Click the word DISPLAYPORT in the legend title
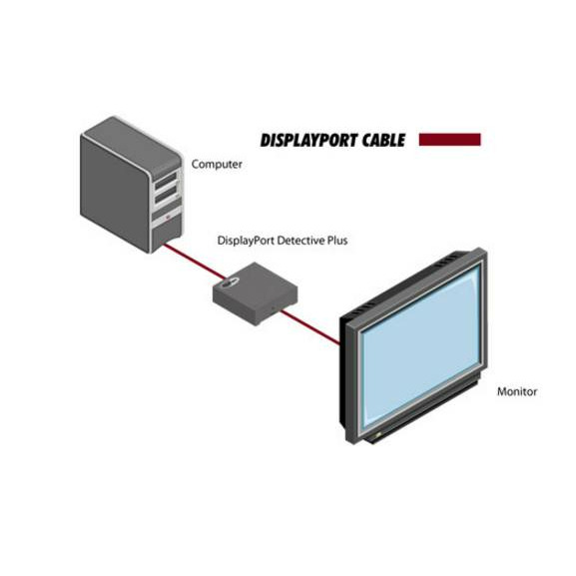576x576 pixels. (308, 140)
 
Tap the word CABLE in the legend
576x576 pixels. (383, 140)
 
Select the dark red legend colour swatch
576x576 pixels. (449, 140)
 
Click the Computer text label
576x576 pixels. (217, 164)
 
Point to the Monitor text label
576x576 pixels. (517, 391)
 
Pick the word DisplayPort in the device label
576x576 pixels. (247, 241)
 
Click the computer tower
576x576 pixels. (131, 185)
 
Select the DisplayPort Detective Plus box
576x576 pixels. (256, 292)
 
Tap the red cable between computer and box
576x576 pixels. (194, 262)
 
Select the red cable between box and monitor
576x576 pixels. (310, 327)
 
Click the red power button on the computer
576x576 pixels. (169, 217)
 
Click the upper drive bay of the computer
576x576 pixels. (166, 181)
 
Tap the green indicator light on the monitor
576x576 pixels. (377, 435)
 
